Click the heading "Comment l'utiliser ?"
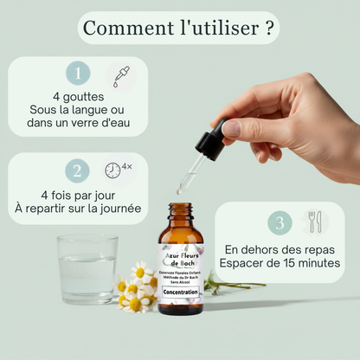180,28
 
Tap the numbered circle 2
78,170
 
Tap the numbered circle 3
279,222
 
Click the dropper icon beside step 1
120,75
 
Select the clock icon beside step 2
113,170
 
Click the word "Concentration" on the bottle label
180,292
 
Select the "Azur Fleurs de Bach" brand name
180,258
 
